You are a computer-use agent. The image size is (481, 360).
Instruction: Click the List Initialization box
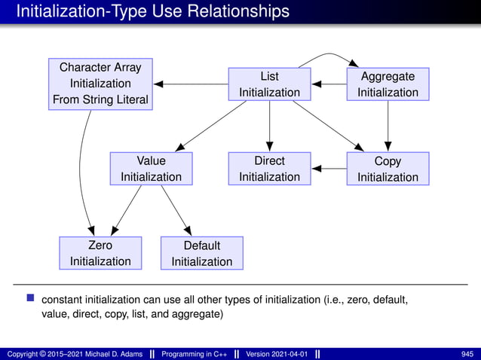click(x=269, y=84)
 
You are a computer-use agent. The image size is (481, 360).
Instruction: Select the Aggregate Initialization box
click(x=388, y=84)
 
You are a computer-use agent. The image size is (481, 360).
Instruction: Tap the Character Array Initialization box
click(x=100, y=84)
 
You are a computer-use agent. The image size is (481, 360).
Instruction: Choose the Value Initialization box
click(x=151, y=169)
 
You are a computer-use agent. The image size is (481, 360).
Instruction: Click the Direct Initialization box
click(x=269, y=169)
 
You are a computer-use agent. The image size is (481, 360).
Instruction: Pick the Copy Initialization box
click(x=388, y=169)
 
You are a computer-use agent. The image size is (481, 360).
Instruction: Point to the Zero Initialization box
click(x=100, y=253)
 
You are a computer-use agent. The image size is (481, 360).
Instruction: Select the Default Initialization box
click(x=202, y=253)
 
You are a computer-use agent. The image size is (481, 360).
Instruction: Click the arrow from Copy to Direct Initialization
click(x=329, y=169)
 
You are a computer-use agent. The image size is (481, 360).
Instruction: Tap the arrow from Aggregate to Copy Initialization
click(x=388, y=127)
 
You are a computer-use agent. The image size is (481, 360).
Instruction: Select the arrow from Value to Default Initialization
click(x=176, y=208)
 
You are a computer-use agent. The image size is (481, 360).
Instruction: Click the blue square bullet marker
click(x=31, y=299)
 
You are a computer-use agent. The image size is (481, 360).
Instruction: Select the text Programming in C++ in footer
click(x=196, y=354)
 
